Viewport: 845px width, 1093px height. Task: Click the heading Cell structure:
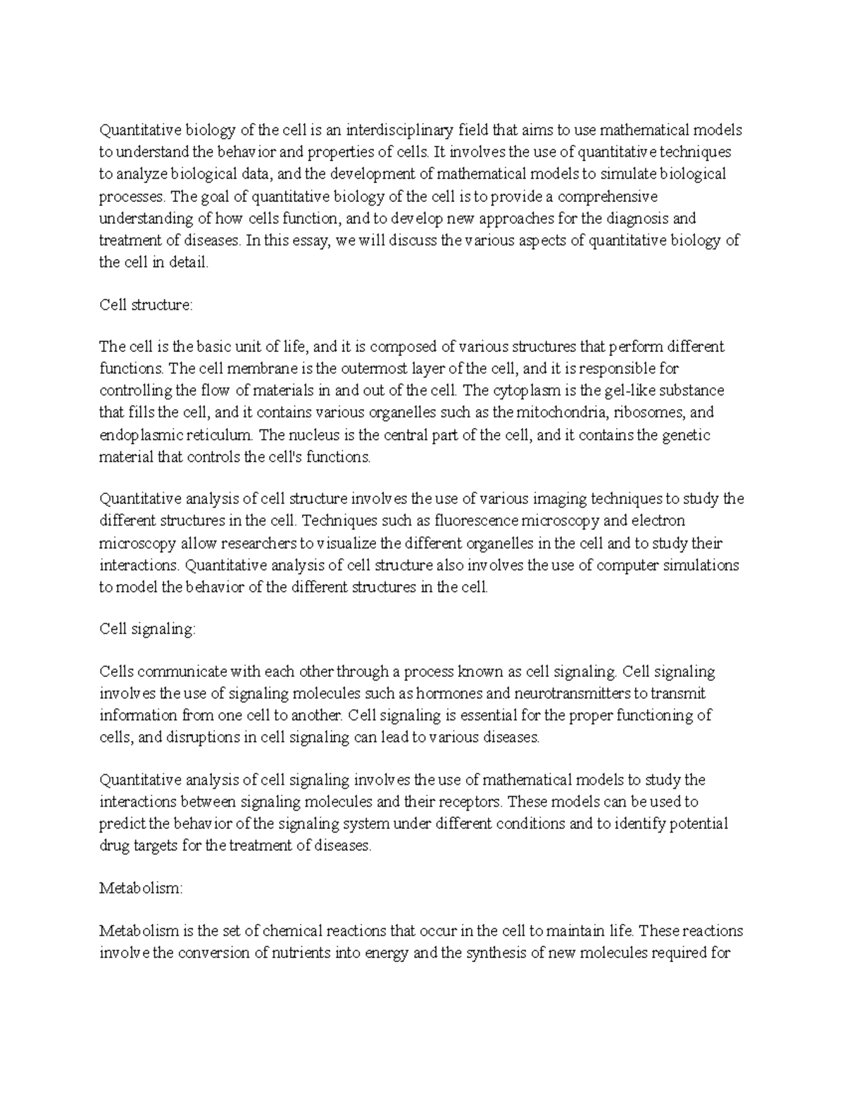click(x=145, y=305)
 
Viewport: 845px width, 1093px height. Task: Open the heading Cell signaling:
click(x=146, y=629)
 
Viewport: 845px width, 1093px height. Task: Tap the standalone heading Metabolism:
click(x=141, y=889)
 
